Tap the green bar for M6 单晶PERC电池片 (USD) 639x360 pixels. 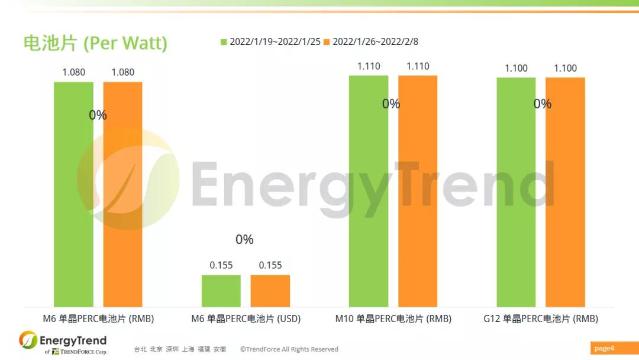click(x=221, y=291)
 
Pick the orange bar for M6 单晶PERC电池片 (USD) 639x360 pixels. click(x=270, y=291)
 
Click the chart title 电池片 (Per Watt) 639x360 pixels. click(x=95, y=43)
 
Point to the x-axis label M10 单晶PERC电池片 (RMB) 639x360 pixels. click(x=393, y=319)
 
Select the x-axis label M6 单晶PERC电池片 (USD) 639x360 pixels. click(x=246, y=319)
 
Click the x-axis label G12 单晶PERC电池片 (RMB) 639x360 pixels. click(x=540, y=319)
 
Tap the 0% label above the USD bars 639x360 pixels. click(x=244, y=240)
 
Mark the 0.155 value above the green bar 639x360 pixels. click(x=221, y=265)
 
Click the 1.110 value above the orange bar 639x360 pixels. click(x=418, y=66)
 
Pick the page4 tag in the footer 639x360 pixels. click(x=604, y=348)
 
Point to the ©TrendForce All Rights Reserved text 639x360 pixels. click(x=289, y=349)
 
